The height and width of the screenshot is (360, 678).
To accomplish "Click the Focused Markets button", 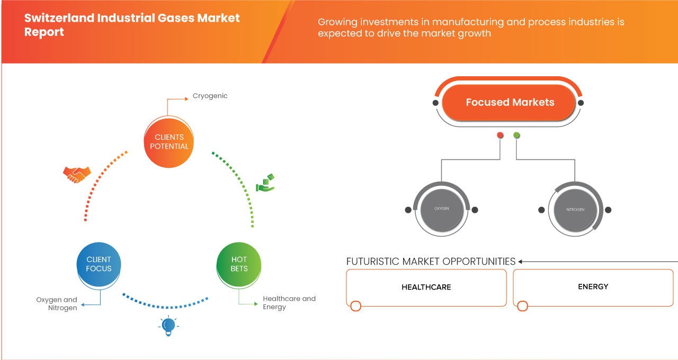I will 510,102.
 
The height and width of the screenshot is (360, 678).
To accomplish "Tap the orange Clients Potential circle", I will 169,142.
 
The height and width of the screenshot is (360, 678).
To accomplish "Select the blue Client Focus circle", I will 99,264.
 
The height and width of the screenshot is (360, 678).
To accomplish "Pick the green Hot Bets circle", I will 239,264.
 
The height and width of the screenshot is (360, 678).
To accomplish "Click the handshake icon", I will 77,174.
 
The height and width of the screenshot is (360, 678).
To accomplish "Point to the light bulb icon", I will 168,325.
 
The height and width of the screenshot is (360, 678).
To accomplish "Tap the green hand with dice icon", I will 265,182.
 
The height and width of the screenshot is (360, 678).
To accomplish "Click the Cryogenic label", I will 210,96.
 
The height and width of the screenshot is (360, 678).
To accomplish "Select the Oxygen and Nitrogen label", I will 57,303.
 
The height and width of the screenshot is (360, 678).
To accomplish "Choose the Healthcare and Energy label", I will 289,302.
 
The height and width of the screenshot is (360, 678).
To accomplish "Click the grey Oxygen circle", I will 441,209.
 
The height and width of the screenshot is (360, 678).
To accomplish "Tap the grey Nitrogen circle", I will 575,209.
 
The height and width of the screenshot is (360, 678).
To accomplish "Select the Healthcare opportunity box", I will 426,287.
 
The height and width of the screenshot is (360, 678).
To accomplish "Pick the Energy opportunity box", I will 593,287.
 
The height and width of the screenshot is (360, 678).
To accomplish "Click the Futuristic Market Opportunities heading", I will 431,262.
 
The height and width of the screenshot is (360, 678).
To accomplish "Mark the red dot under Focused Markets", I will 500,136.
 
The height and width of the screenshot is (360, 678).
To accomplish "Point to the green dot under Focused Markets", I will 516,136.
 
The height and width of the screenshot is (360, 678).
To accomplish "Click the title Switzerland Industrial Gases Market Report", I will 132,25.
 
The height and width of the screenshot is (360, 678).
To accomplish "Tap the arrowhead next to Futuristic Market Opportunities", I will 521,262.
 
